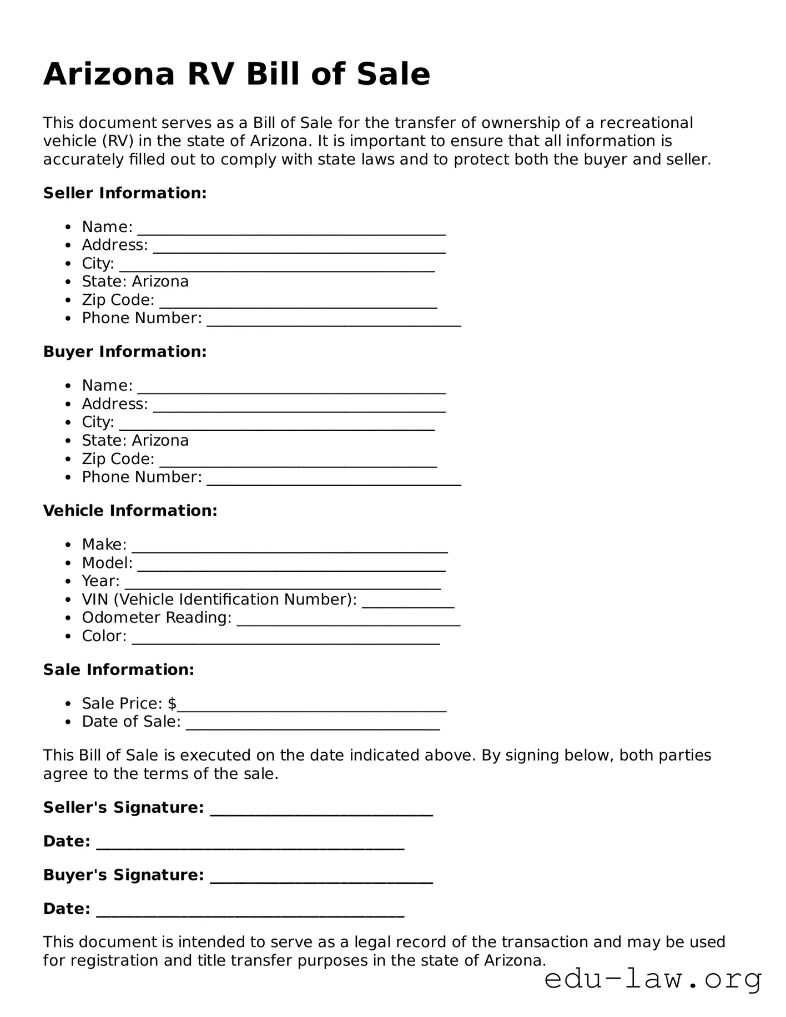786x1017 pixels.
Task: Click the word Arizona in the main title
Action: (109, 74)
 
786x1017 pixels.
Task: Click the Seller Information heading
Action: (125, 193)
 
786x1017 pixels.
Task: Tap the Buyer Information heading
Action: (125, 352)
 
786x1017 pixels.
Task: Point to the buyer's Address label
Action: (115, 404)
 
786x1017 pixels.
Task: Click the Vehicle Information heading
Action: (130, 511)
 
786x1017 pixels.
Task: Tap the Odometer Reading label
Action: (157, 618)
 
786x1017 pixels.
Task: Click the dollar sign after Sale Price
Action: (172, 704)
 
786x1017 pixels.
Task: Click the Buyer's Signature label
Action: (123, 875)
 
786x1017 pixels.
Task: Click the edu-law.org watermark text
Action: (653, 980)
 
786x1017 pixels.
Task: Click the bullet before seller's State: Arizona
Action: (68, 283)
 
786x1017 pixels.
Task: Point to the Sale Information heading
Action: (119, 670)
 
